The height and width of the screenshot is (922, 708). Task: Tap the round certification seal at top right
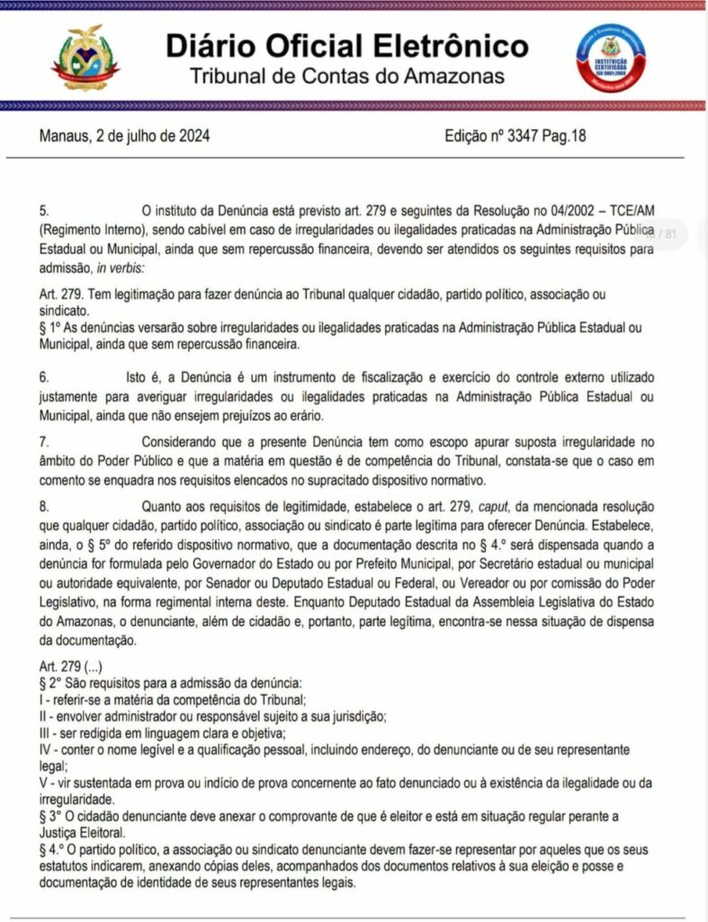point(611,59)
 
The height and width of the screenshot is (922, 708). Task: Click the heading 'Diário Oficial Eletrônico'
point(346,45)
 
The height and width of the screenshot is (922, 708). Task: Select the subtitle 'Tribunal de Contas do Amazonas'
point(346,76)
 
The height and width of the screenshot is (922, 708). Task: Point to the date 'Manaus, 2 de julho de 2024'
point(125,138)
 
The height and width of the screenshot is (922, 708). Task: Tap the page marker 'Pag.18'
point(566,138)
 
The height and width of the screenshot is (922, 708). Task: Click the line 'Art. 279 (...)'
point(76,666)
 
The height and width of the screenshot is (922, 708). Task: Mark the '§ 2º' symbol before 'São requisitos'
point(51,683)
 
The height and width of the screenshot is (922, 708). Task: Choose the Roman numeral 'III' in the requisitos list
point(46,733)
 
